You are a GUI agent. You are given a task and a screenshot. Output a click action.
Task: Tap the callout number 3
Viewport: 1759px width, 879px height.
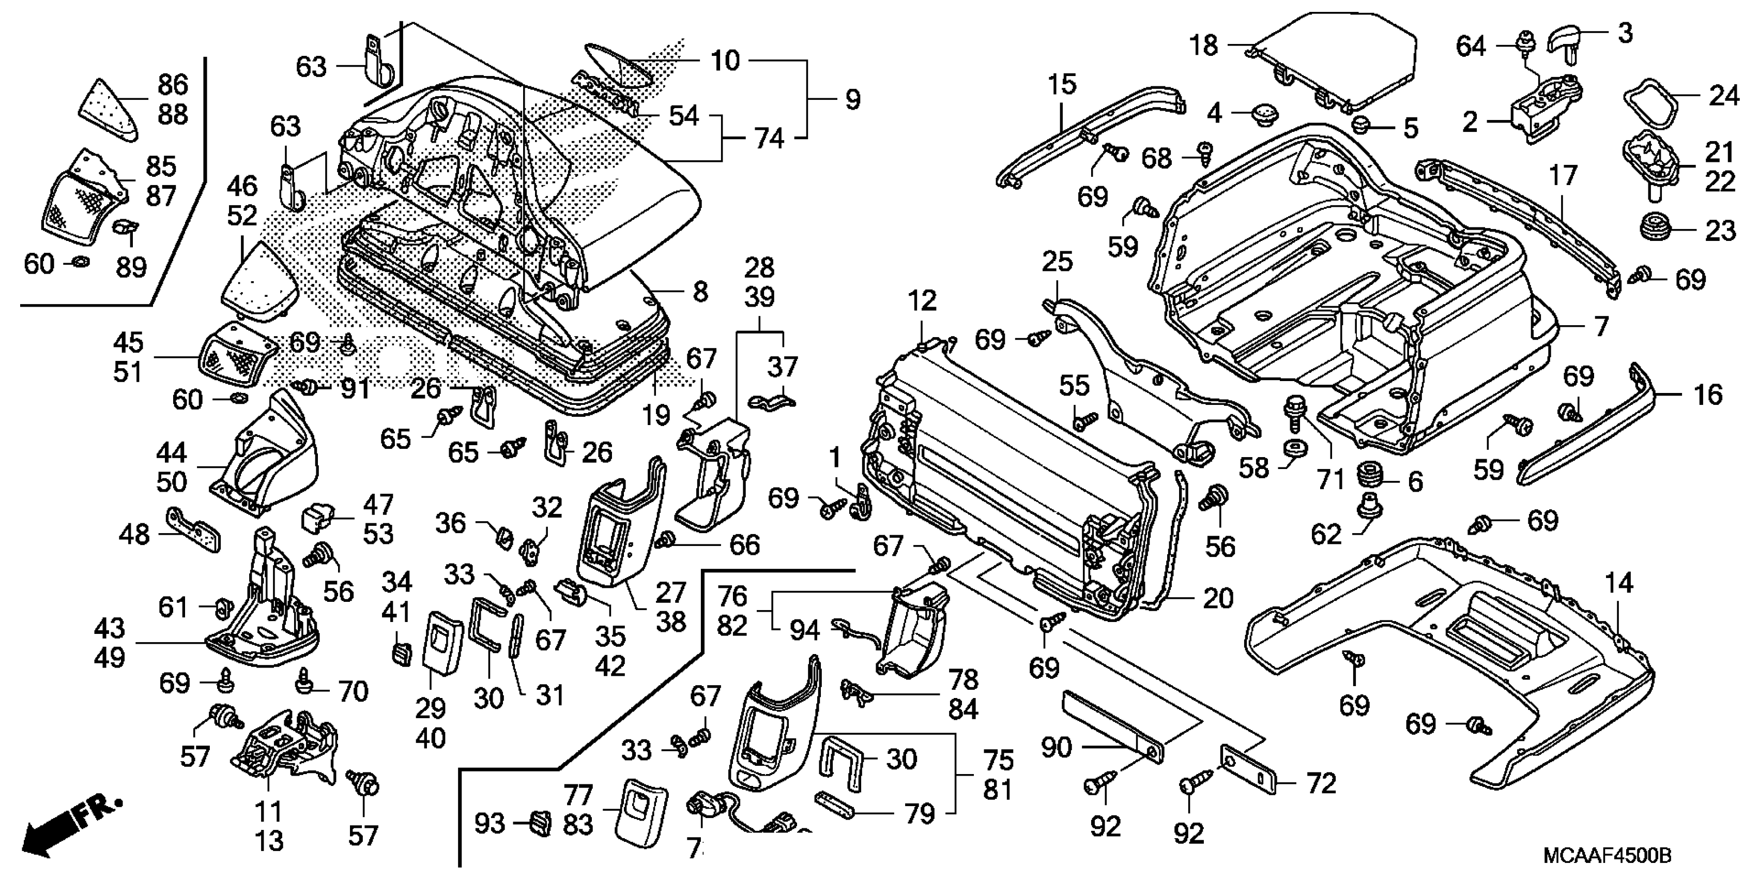(x=1626, y=32)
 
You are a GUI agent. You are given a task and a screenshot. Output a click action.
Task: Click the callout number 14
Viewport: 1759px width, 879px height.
(x=1618, y=583)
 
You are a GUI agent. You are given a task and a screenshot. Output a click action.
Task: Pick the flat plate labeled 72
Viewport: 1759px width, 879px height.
(x=1248, y=769)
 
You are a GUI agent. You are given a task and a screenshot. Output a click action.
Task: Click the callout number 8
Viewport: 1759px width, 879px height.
(x=700, y=292)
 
